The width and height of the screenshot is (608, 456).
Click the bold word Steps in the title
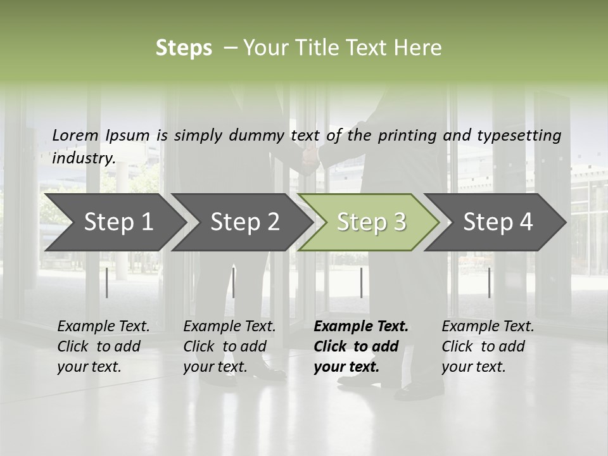click(184, 48)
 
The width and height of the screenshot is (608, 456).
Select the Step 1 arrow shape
click(114, 222)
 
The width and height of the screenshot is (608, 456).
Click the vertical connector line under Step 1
click(107, 282)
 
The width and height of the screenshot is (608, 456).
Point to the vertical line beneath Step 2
click(234, 282)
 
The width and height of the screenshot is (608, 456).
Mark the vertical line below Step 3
click(362, 282)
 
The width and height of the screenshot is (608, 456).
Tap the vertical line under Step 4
click(489, 282)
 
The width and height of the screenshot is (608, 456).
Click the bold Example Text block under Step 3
click(361, 346)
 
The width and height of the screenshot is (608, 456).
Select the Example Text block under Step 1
click(103, 346)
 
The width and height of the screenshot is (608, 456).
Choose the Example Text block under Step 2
click(229, 346)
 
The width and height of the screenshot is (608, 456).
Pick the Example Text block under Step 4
click(488, 346)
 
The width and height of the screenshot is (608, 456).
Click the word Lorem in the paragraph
click(75, 135)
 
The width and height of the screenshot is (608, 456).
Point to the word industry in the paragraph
click(84, 158)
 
